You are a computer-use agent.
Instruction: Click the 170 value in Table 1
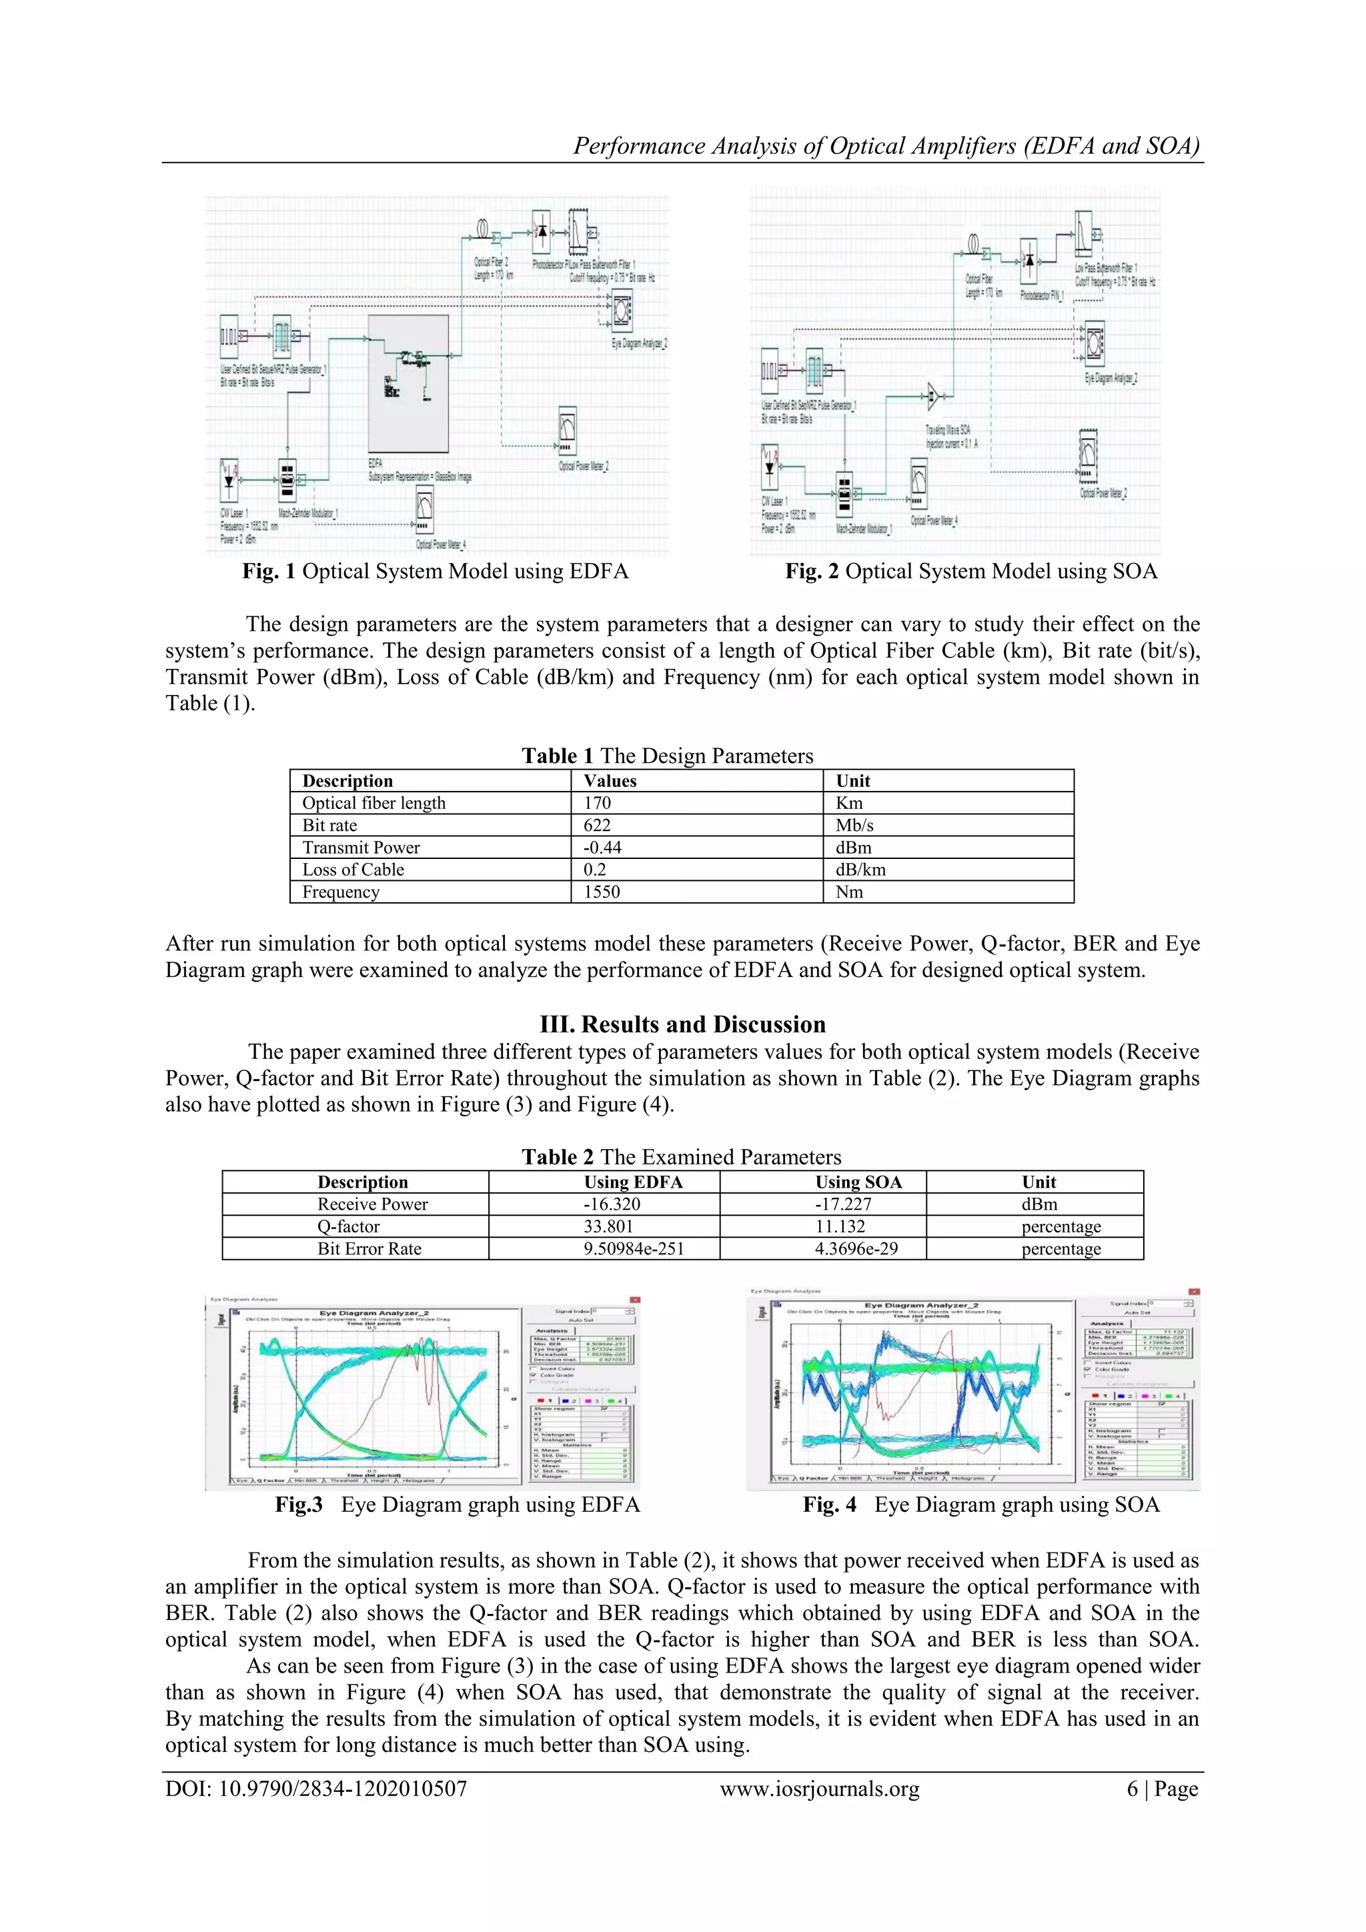597,803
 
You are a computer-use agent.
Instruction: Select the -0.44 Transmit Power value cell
602,848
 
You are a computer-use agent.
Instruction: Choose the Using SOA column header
858,1182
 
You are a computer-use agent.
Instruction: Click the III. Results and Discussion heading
682,1024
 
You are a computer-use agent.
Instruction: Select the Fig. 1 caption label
269,572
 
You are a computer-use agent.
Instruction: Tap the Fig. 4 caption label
829,1505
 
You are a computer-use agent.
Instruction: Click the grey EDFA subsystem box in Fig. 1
408,383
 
